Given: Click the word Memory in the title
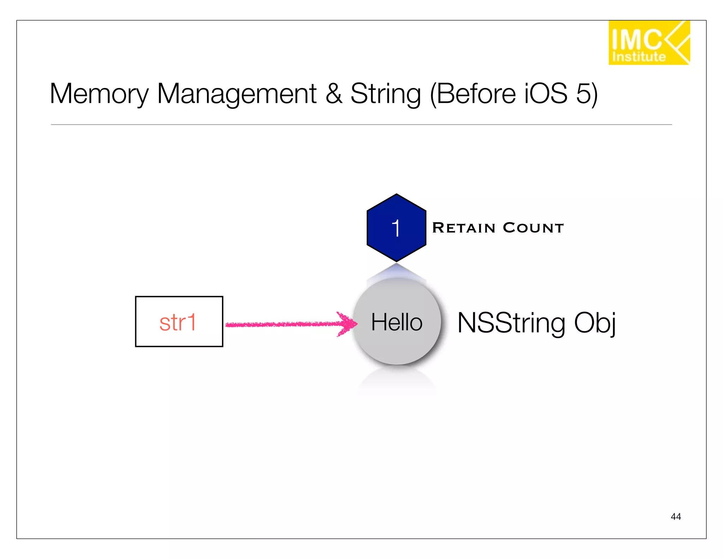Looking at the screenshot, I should pos(99,94).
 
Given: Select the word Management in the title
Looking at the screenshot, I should pos(237,94).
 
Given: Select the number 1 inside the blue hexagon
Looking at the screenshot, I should pos(396,228).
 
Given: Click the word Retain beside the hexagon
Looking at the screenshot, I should pos(464,228).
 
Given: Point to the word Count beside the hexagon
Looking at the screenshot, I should pos(533,228).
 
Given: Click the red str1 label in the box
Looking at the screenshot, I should pos(178,322).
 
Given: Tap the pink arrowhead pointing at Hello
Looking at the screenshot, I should pos(348,323).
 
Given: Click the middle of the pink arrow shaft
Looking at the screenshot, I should pos(282,324).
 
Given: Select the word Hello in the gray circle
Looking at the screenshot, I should pos(396,322).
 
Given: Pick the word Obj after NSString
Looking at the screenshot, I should pos(594,322).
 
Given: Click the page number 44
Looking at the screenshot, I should pos(675,517).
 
